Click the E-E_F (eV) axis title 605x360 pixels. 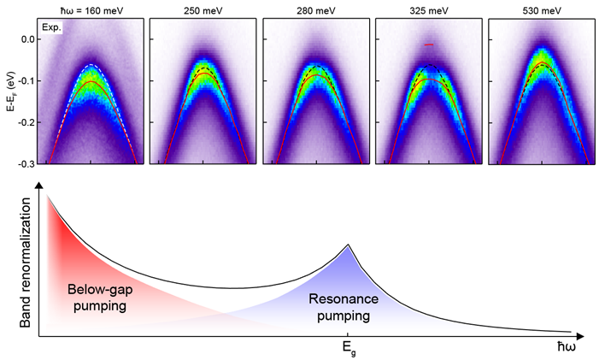coord(7,101)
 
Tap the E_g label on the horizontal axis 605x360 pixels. coord(347,349)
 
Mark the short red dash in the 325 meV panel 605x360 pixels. coord(428,44)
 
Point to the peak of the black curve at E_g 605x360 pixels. coord(347,245)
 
